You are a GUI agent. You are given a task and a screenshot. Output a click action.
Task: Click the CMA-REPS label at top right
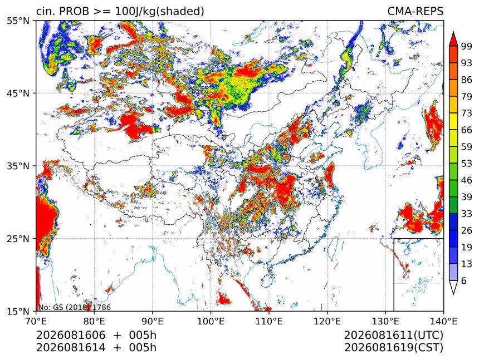(x=415, y=11)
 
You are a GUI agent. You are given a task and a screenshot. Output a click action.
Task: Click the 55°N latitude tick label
(x=18, y=21)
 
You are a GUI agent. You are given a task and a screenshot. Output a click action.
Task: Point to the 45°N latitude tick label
(x=18, y=93)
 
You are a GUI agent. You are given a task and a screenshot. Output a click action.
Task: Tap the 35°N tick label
(x=18, y=166)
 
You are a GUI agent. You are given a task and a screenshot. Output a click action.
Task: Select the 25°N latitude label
(x=18, y=239)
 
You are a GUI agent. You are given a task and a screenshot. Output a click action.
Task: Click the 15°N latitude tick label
(x=18, y=312)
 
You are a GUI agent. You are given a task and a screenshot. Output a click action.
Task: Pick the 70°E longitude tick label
(x=36, y=321)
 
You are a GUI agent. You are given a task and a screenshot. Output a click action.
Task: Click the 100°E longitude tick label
(x=211, y=321)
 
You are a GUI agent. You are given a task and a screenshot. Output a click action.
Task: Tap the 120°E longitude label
(x=327, y=321)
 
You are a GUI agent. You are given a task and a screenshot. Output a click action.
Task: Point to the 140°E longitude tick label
(x=443, y=321)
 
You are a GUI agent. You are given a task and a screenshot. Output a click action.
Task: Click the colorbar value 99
(x=467, y=46)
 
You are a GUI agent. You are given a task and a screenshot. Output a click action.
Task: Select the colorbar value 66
(x=467, y=130)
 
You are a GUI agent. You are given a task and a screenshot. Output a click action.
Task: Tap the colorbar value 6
(x=464, y=280)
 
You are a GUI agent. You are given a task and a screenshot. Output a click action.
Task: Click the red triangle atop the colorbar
(x=453, y=39)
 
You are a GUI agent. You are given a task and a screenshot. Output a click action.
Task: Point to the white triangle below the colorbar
(x=453, y=287)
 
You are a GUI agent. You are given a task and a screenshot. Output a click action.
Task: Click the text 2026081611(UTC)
(x=393, y=335)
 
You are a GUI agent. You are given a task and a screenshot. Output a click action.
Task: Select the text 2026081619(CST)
(x=393, y=348)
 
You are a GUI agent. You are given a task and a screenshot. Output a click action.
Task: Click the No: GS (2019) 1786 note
(x=74, y=307)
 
